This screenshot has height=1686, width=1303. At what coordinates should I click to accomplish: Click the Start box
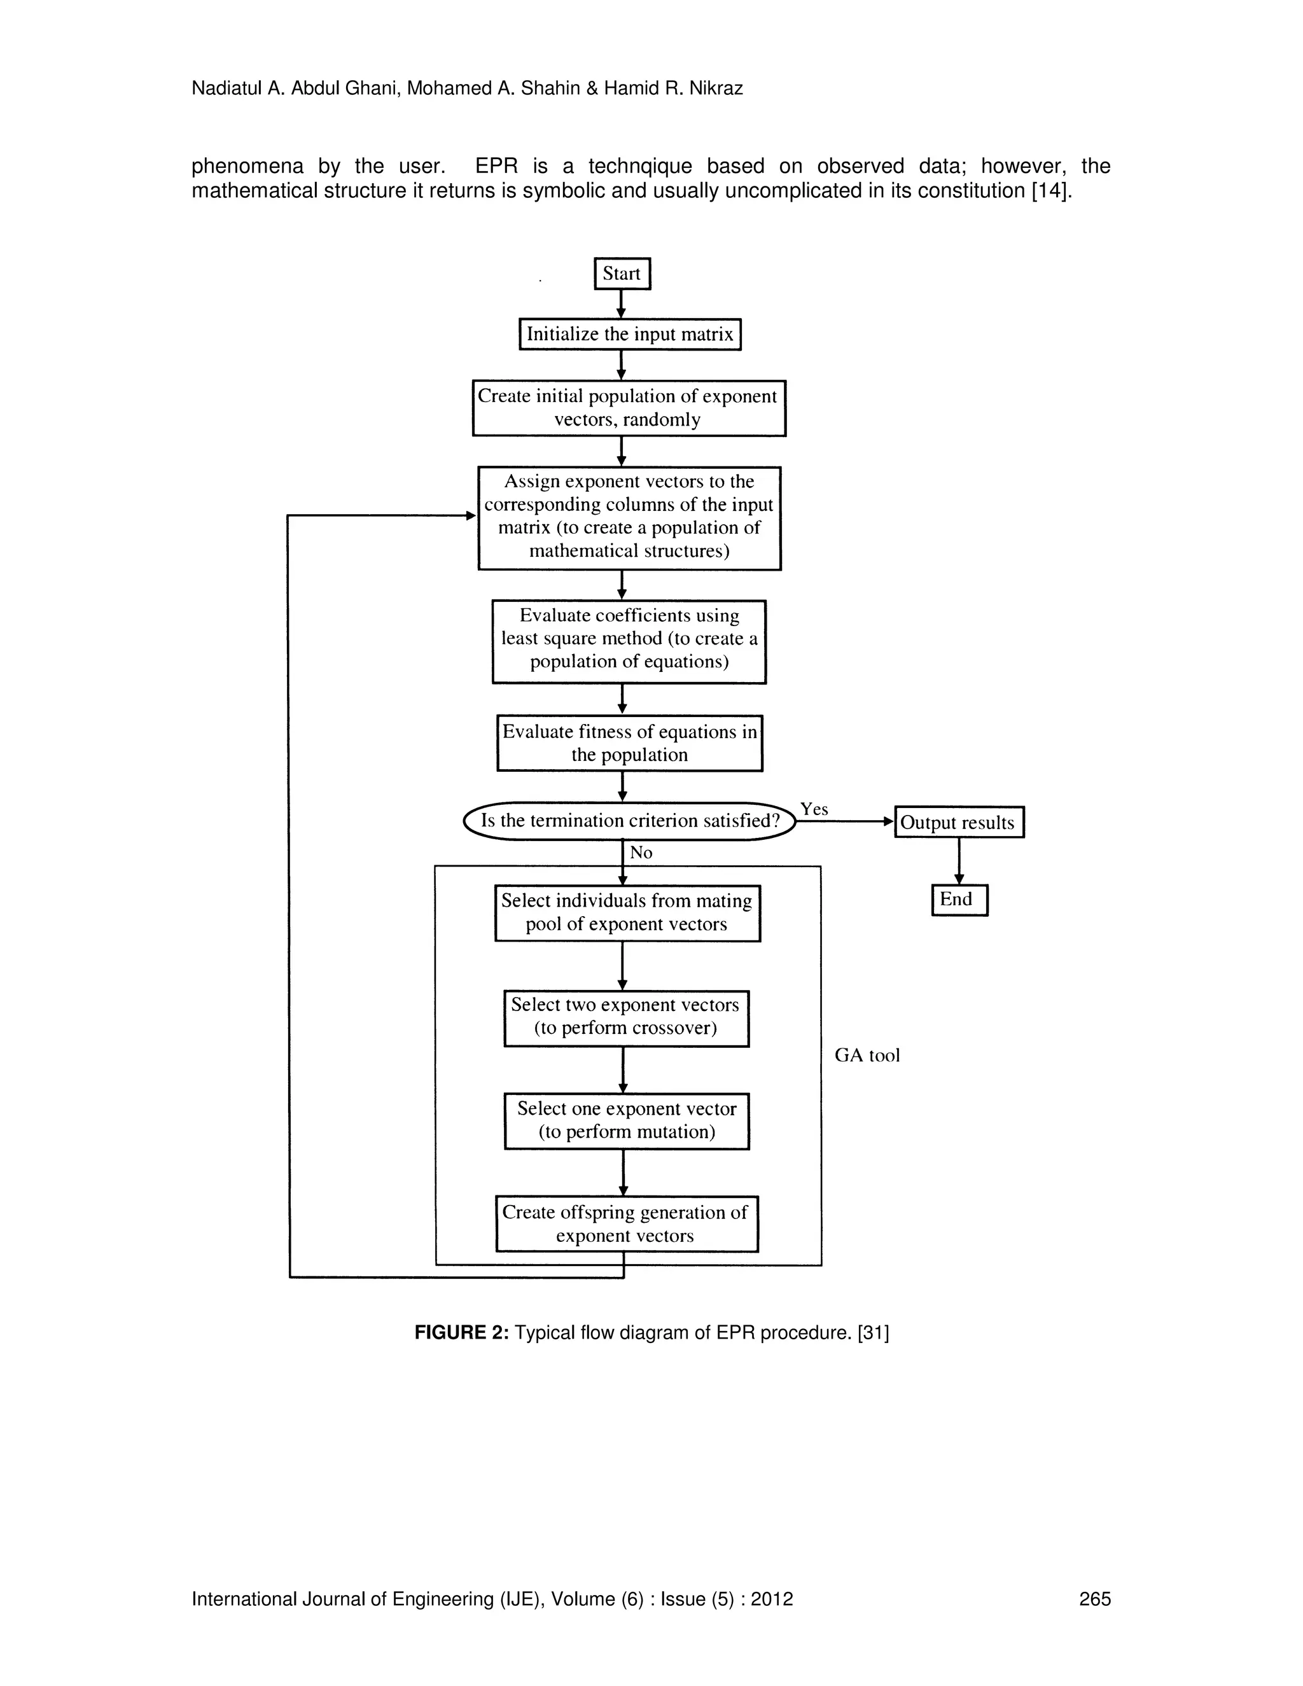622,274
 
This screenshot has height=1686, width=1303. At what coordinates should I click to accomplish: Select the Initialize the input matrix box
630,334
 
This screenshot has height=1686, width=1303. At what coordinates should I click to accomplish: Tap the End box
959,900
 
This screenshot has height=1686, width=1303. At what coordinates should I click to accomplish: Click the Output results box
959,822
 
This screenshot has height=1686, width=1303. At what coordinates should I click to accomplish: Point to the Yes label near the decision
814,809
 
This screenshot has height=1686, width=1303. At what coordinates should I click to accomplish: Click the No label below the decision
641,853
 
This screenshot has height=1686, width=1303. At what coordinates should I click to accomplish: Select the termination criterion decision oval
629,821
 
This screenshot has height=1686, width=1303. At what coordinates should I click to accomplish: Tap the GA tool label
867,1055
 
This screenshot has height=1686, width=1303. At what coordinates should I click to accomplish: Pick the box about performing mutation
626,1121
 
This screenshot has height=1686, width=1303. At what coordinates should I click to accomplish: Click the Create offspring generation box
626,1223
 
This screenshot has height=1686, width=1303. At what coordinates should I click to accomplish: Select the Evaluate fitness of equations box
629,742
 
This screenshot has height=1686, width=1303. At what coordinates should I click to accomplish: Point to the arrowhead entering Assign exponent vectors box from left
471,516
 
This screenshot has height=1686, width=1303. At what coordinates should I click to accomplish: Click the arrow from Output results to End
959,860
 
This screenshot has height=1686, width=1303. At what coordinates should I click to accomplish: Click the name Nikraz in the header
717,89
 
